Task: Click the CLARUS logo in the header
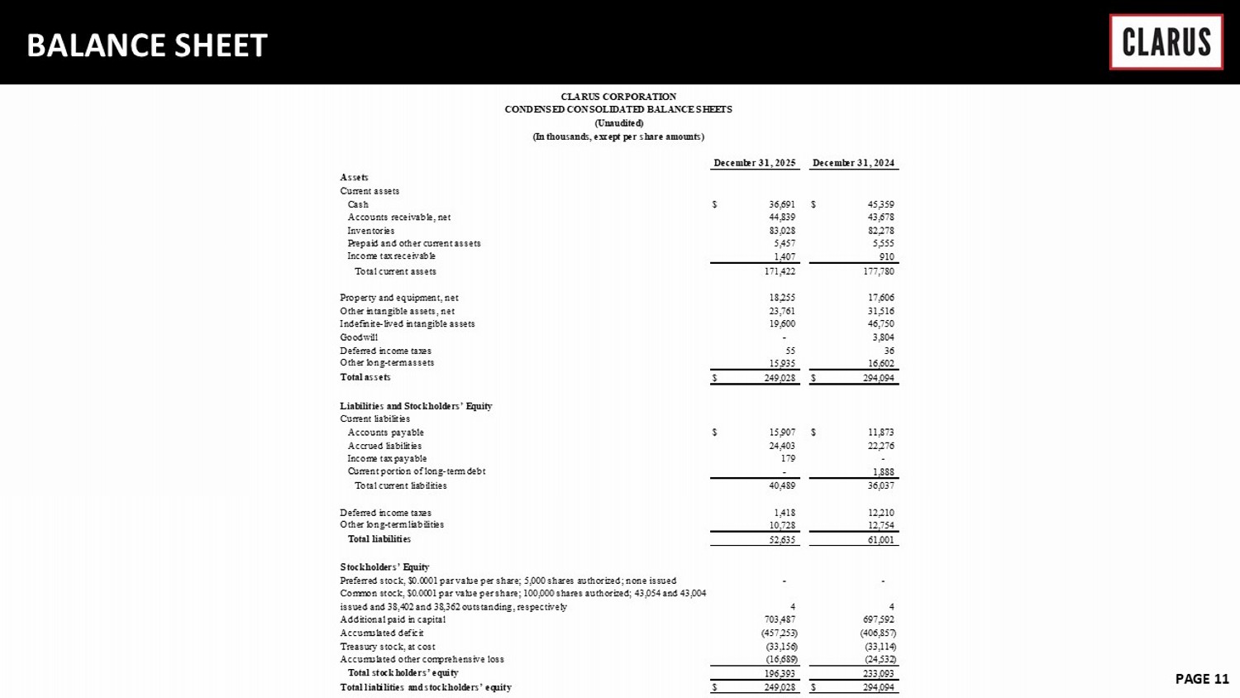click(1166, 41)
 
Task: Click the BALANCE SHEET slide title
click(147, 45)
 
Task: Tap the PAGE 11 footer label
click(1202, 679)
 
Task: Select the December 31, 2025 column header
click(755, 163)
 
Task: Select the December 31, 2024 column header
click(854, 163)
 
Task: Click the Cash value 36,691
click(782, 204)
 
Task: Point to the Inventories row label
click(371, 231)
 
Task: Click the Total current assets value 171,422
click(780, 271)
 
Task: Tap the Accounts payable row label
click(385, 433)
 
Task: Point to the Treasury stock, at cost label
click(388, 647)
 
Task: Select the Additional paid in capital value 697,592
click(878, 619)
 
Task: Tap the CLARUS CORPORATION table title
click(618, 97)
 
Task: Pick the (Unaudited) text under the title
click(618, 123)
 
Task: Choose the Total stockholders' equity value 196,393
click(780, 673)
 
